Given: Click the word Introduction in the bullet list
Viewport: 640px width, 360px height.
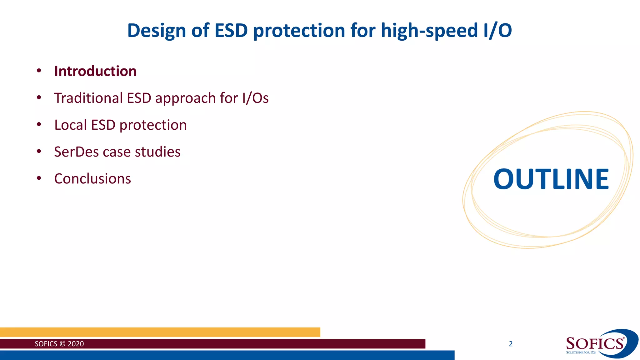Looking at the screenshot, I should [95, 71].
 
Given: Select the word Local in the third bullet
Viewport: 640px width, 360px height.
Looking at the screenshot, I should [70, 125].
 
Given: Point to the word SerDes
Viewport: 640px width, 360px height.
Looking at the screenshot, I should [76, 152].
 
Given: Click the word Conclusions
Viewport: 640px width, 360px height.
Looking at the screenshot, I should [92, 179].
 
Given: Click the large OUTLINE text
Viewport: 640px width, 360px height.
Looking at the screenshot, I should [551, 179].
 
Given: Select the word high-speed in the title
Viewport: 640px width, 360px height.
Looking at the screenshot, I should [429, 31].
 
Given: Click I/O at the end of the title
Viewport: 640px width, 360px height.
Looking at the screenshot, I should [497, 31].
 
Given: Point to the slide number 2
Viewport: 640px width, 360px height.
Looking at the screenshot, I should [511, 344].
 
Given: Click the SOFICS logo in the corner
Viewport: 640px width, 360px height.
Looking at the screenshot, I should [600, 344].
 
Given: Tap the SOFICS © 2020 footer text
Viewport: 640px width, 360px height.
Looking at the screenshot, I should [59, 344].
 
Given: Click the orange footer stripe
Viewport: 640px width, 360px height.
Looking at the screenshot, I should [160, 332].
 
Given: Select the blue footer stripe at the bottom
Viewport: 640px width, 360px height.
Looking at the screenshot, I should [227, 355].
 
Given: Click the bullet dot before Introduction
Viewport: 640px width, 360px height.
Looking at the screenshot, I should [39, 71].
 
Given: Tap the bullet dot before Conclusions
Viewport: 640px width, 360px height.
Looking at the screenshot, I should [39, 178].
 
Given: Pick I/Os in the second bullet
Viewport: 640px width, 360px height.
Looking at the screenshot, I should [255, 98].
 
